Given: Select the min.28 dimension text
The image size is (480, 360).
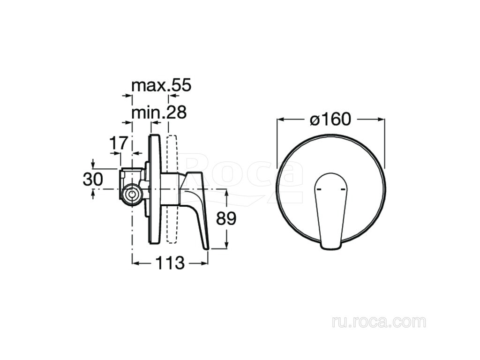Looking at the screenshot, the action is coord(159,112).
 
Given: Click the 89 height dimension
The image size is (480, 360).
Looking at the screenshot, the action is coord(226,218).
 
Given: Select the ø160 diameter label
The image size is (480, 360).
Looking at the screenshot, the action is coord(330,119).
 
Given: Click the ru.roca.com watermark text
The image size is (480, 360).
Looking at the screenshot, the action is coord(379,322).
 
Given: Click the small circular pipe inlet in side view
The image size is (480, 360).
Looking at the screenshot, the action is coord(132,195).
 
